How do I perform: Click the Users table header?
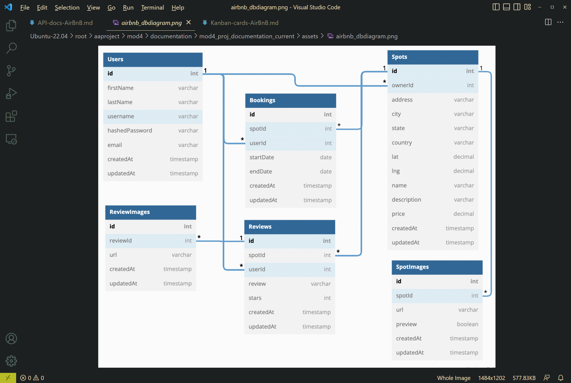click(152, 59)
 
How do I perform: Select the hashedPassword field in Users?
click(130, 130)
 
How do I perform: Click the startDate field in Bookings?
click(262, 157)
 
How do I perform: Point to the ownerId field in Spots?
click(402, 85)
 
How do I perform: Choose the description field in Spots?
click(406, 200)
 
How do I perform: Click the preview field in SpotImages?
click(406, 324)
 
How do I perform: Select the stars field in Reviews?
click(255, 298)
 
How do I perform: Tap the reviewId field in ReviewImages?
click(121, 241)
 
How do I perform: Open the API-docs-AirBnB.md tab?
click(65, 23)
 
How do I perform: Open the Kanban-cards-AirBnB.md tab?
click(244, 23)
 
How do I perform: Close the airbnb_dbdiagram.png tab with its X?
click(189, 22)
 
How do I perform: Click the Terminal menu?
click(152, 7)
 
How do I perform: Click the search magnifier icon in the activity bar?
click(11, 48)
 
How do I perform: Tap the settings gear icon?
click(11, 361)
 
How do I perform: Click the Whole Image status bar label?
click(454, 378)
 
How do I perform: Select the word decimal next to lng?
click(463, 171)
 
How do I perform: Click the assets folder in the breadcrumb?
click(310, 36)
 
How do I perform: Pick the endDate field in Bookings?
click(260, 172)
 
